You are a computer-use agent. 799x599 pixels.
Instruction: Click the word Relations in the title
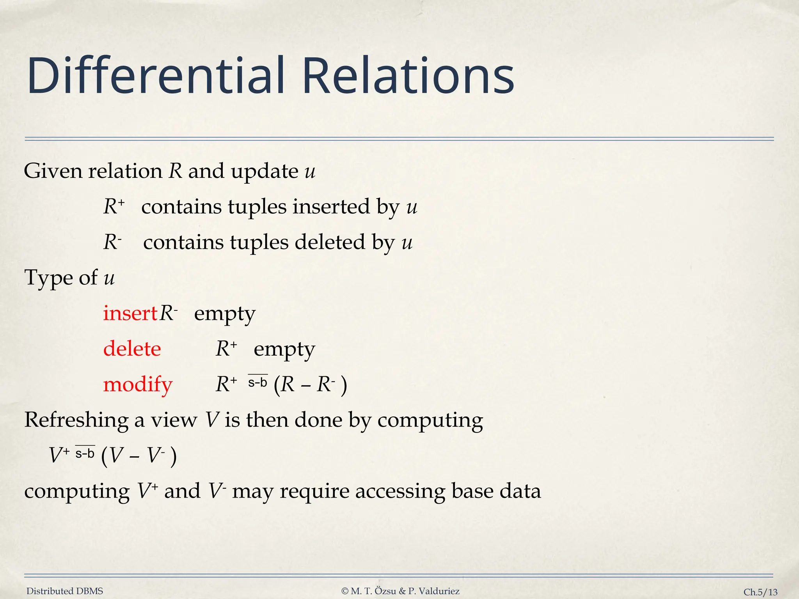(x=408, y=76)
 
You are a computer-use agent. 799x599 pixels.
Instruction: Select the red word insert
(x=130, y=313)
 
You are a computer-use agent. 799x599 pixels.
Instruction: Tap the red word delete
(x=132, y=349)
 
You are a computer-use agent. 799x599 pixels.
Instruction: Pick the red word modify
(x=137, y=385)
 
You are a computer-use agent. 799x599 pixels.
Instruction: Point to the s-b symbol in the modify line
(x=258, y=382)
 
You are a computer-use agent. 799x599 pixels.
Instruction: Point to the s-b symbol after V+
(x=85, y=453)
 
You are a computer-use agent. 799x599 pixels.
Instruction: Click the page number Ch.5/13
(x=760, y=592)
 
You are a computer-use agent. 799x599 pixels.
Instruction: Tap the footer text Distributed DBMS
(x=65, y=591)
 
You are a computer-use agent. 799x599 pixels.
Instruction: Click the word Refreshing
(x=76, y=420)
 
